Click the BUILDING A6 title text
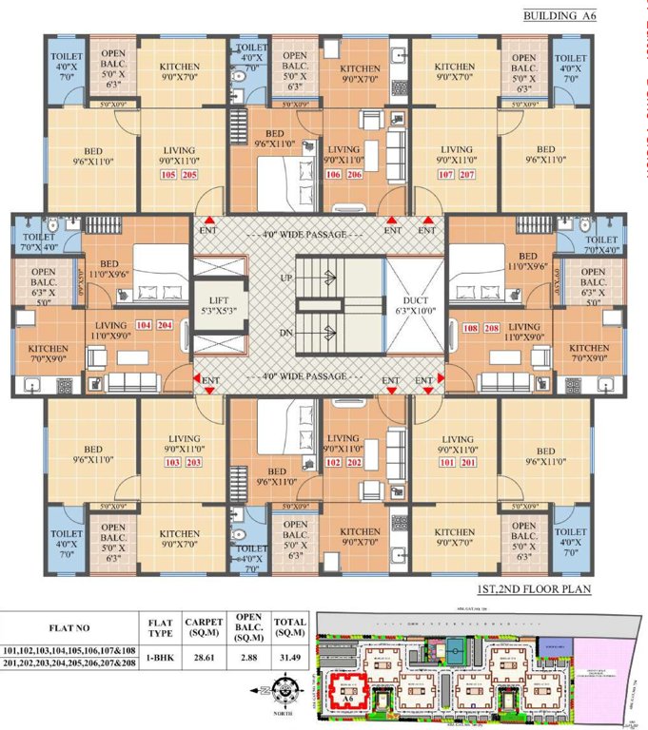pyautogui.click(x=575, y=16)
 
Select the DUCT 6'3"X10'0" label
pyautogui.click(x=415, y=303)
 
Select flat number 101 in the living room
pyautogui.click(x=443, y=463)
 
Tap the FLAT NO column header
pyautogui.click(x=67, y=628)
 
